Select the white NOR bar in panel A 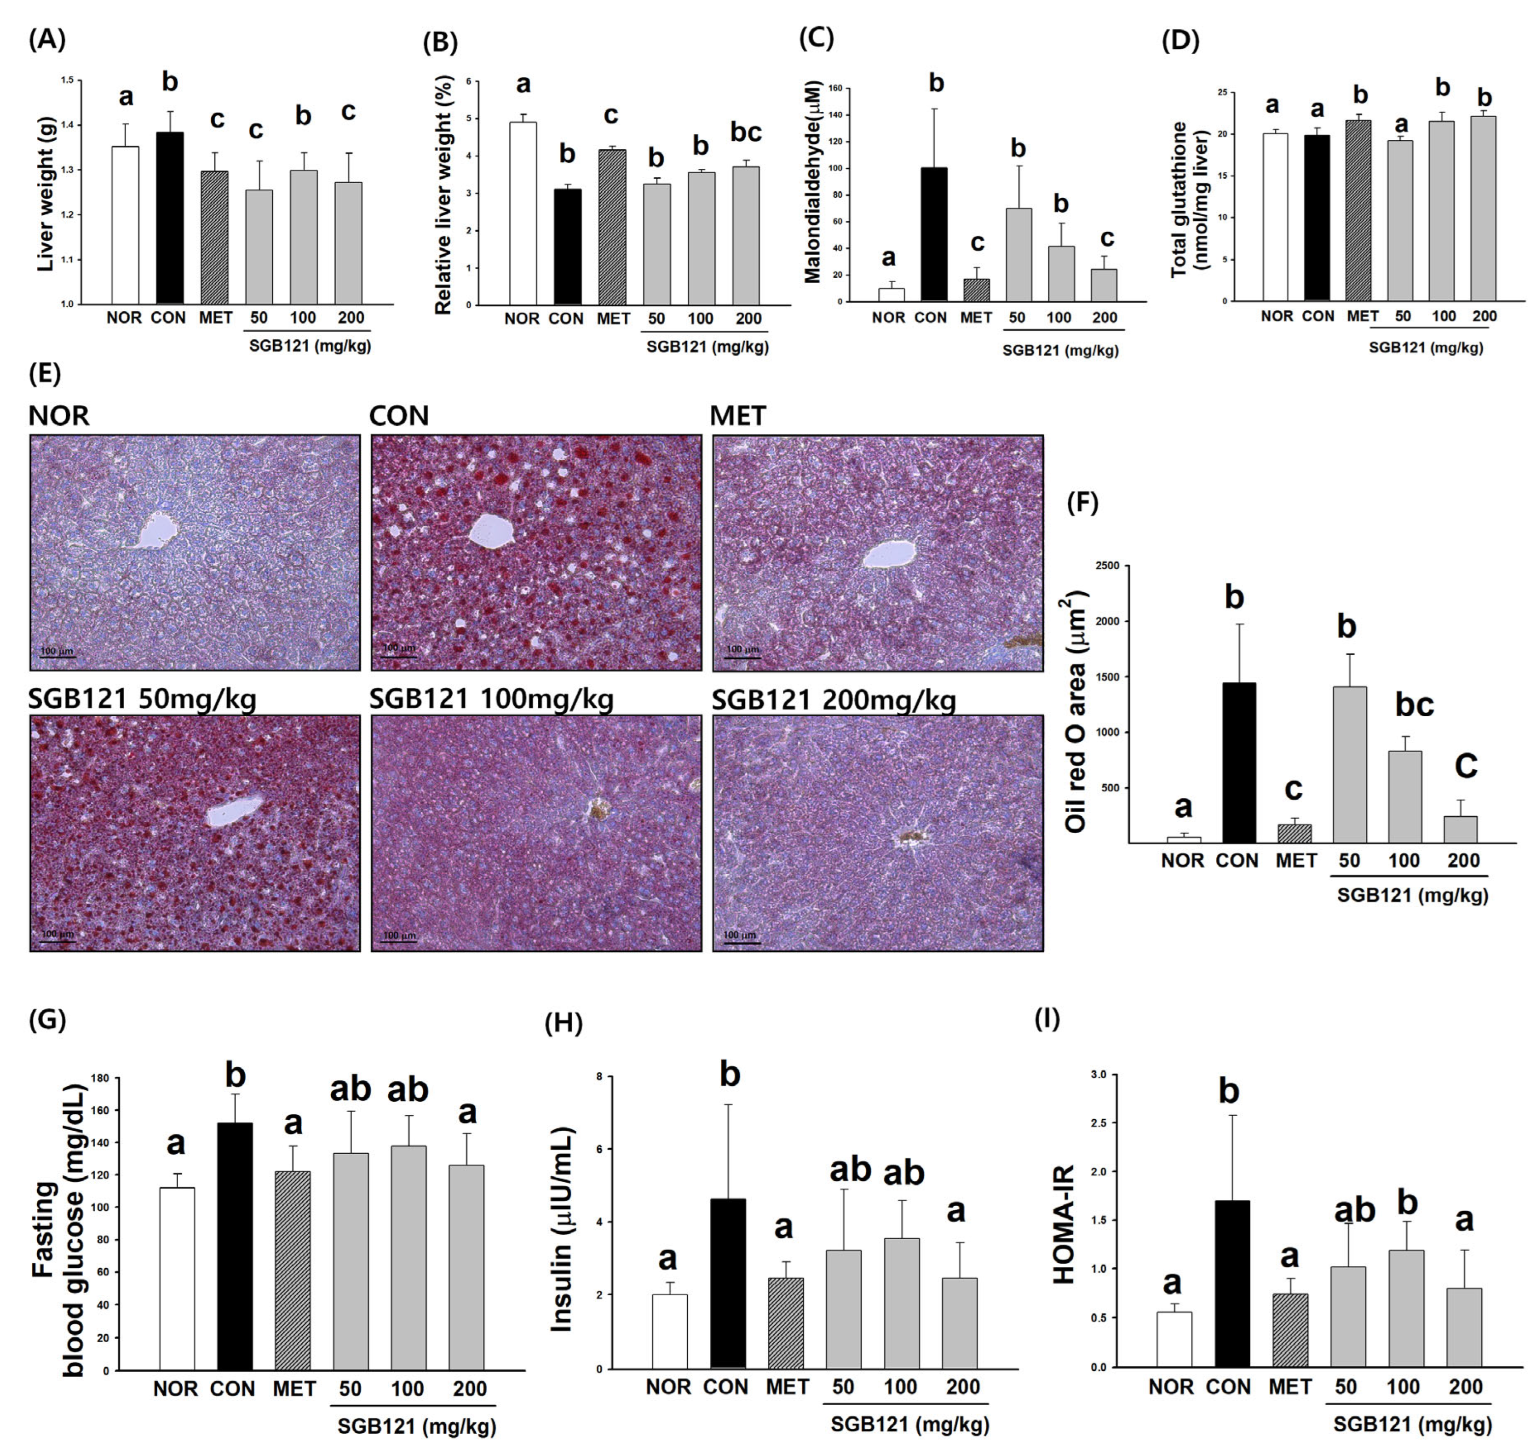click(x=126, y=225)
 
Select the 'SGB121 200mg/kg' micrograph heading click(x=834, y=700)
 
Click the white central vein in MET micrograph click(x=889, y=553)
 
